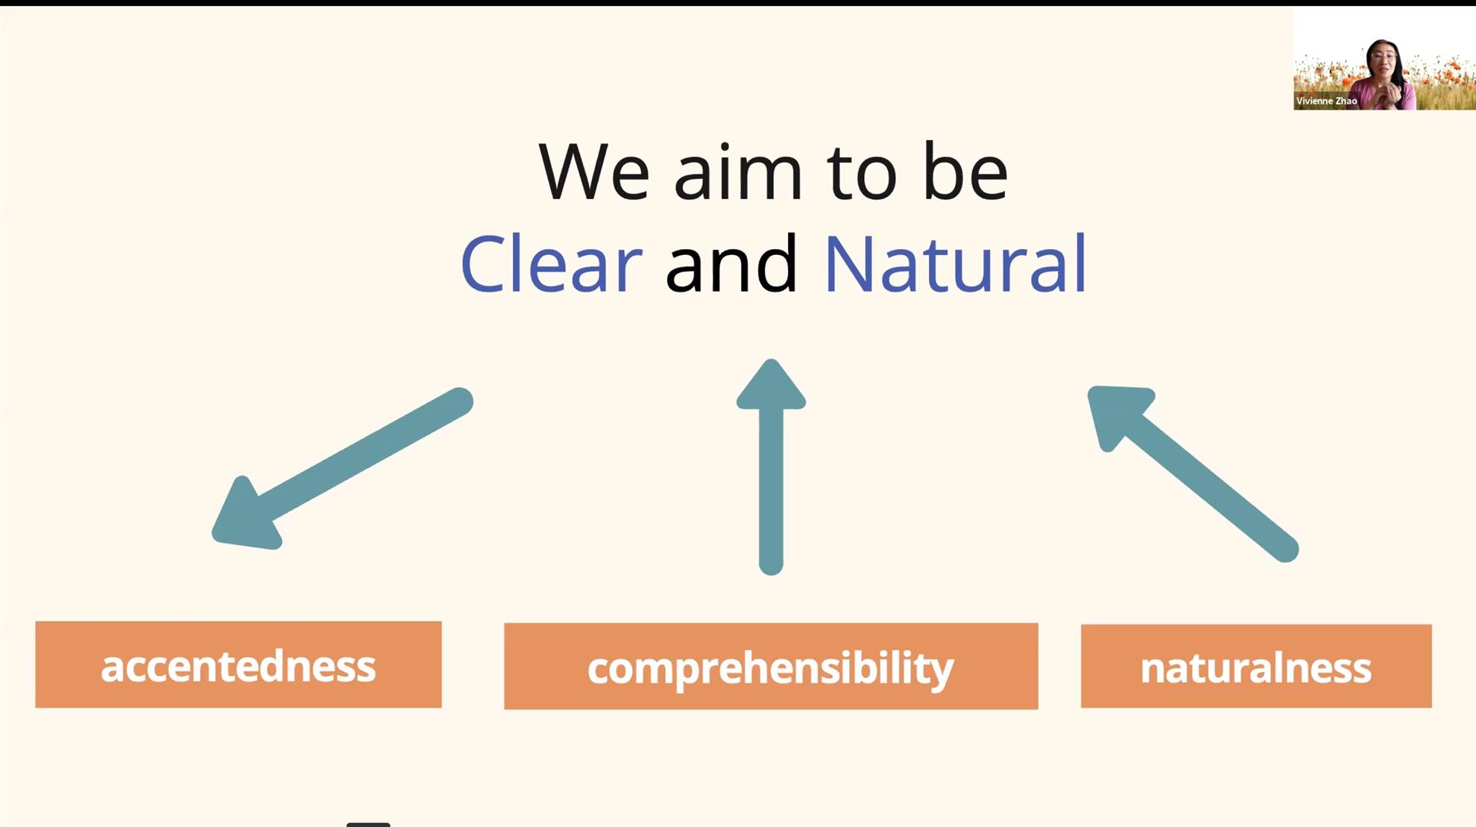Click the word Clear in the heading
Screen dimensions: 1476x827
tap(551, 263)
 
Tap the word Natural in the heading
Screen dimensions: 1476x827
tap(956, 263)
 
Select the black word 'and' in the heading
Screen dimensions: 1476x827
tap(731, 263)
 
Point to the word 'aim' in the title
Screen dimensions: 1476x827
tap(738, 172)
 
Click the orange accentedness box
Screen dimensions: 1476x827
tap(239, 664)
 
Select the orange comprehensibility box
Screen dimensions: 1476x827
tap(771, 666)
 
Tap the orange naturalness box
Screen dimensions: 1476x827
tap(1256, 666)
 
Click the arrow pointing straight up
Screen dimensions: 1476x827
tap(771, 467)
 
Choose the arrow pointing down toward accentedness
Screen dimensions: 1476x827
tap(342, 468)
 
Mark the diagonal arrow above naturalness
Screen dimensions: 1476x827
tap(1193, 474)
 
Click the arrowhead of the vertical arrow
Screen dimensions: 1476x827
tap(771, 386)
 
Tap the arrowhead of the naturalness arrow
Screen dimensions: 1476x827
tap(1117, 414)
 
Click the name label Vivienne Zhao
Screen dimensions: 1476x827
tap(1327, 101)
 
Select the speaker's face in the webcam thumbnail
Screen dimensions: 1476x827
tap(1382, 59)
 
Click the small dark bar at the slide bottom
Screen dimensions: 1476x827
tap(368, 825)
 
